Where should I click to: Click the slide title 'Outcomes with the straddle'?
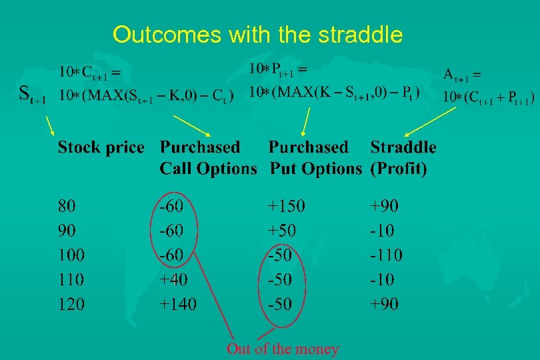257,35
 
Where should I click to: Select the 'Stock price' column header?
101,147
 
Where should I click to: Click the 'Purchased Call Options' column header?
208,158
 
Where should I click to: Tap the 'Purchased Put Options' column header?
315,158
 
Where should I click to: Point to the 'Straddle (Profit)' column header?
403,158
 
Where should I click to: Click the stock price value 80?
67,205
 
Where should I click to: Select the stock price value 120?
71,304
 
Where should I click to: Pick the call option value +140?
179,304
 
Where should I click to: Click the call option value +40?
174,279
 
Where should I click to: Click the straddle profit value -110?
387,255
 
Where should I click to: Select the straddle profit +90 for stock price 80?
385,205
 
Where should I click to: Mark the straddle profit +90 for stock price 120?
385,304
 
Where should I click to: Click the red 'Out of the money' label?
283,349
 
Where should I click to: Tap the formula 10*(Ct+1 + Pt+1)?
489,97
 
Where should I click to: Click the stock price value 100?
71,255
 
